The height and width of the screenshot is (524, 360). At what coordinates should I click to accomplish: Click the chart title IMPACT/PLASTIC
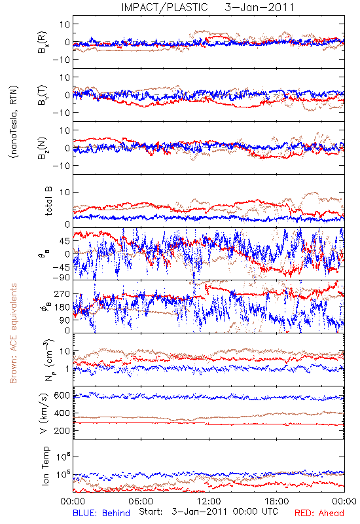164,7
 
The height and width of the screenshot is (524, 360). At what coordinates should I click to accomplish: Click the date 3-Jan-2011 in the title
259,7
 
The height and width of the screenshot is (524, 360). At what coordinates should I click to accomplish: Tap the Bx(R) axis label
43,42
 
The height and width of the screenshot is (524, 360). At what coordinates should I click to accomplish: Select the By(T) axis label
43,95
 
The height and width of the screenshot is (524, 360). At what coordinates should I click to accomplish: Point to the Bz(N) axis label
43,148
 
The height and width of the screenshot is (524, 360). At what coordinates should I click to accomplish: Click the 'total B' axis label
48,201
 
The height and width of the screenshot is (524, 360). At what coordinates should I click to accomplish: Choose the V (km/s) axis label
43,413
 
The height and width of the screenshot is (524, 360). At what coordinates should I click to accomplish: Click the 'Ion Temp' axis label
45,466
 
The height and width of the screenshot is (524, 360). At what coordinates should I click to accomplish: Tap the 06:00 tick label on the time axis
141,502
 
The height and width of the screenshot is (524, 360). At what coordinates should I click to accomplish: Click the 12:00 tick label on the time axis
209,502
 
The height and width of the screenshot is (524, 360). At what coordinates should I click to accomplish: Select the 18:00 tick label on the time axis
276,502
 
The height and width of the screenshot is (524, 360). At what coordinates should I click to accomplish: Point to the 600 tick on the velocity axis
62,396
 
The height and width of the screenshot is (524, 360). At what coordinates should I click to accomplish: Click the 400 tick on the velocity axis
62,413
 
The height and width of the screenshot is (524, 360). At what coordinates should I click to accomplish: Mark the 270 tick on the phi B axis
62,293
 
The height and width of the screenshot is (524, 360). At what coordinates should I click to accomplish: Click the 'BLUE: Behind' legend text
101,513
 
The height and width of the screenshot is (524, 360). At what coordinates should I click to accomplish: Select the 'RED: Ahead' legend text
319,513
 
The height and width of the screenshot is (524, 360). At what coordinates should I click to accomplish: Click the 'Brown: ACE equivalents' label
13,333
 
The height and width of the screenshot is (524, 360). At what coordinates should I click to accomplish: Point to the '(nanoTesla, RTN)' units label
14,122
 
